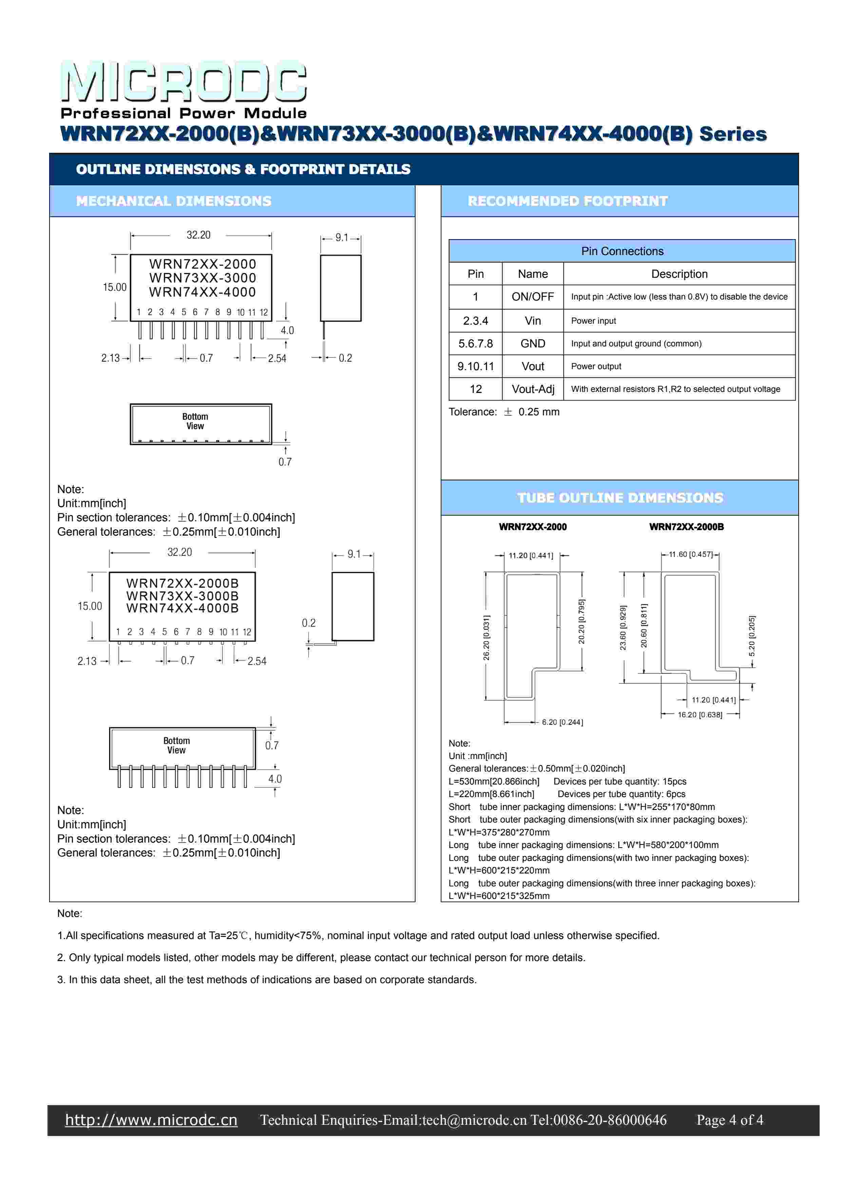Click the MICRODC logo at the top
click(184, 82)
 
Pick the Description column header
click(679, 274)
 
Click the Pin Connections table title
click(622, 251)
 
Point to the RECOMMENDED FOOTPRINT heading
click(568, 201)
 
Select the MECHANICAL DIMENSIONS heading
click(173, 201)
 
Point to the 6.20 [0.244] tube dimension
click(562, 722)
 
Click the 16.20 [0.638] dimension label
click(700, 715)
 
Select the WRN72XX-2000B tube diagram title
click(686, 527)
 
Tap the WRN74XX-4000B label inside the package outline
click(182, 608)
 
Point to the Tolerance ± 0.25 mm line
click(504, 412)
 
